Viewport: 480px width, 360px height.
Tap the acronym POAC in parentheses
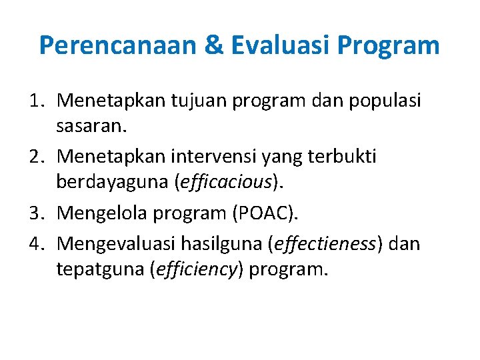tap(272, 214)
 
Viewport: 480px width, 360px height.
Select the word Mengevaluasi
tap(123, 244)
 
